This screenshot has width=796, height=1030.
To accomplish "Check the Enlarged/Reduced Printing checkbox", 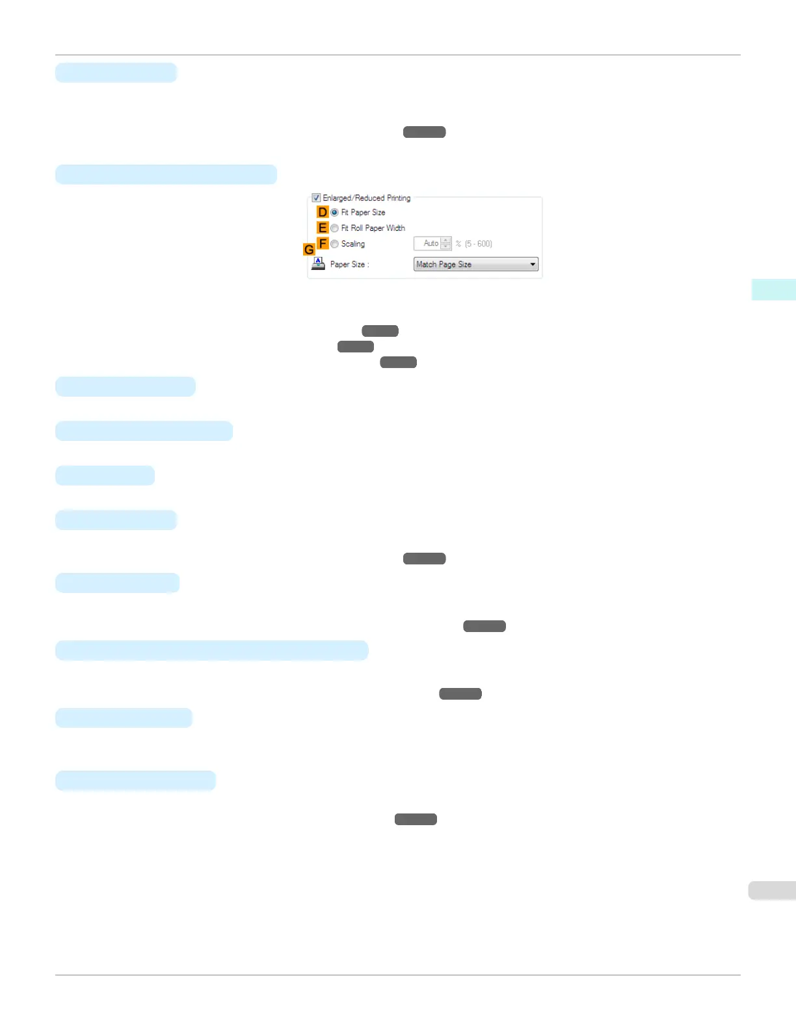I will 316,198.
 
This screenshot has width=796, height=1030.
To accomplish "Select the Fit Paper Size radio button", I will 334,213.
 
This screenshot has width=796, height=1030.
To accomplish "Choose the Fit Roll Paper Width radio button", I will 334,228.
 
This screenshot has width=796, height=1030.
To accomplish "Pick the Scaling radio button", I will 334,244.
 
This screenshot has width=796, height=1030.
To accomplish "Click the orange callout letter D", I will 323,213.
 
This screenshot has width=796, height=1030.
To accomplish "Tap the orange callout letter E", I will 323,228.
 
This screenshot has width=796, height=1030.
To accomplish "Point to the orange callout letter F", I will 323,244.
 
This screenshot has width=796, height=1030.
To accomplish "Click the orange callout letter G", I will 309,250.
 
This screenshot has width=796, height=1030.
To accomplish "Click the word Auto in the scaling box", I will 431,243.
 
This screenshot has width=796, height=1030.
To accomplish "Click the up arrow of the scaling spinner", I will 445,241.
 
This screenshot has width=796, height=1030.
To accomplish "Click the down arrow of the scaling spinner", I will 445,246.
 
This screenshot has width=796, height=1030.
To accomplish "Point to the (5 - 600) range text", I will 479,244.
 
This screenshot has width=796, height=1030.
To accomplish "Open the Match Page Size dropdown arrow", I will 533,265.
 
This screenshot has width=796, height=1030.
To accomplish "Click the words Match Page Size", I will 444,265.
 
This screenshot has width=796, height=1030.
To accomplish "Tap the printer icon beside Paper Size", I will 318,263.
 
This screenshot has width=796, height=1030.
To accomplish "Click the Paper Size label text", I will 349,265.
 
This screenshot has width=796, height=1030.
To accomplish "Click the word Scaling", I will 353,244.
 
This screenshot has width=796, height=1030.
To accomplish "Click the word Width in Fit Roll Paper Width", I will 396,228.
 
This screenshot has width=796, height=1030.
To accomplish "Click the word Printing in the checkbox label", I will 399,198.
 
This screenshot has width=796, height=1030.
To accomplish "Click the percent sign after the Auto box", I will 458,244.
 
